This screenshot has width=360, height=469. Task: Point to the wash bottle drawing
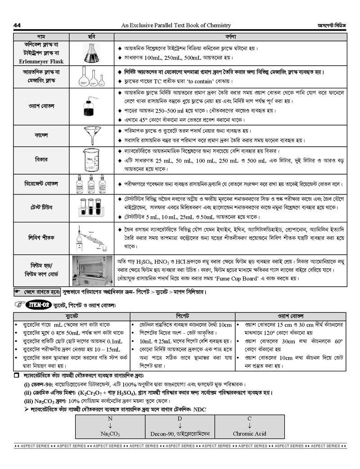click(92, 106)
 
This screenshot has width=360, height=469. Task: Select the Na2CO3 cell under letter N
click(110, 434)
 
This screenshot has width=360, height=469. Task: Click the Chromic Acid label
click(249, 434)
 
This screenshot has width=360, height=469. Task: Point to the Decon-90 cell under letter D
click(180, 434)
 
